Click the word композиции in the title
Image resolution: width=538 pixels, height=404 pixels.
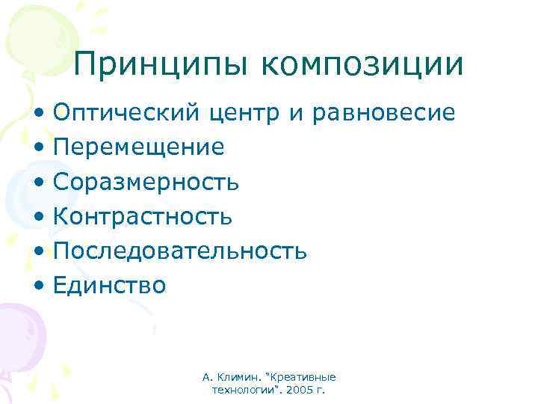pos(362,65)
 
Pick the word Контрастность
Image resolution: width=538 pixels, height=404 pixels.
pos(142,217)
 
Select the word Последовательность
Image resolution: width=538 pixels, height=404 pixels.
pos(179,251)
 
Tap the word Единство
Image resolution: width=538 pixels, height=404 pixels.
pos(109,285)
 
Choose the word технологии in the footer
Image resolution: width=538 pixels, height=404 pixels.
pos(241,391)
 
